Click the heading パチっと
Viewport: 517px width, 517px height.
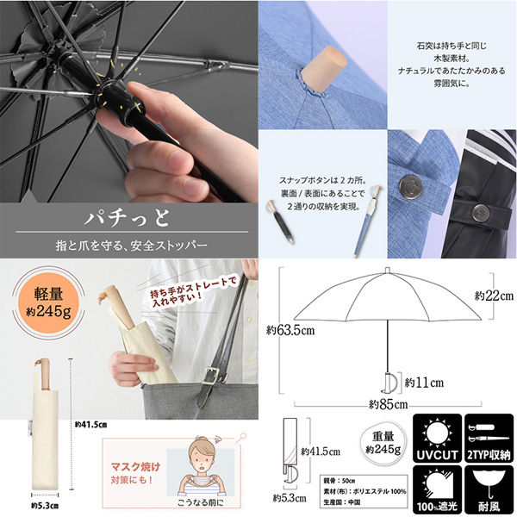129,213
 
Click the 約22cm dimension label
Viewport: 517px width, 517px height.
494,296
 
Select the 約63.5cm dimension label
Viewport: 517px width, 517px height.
290,329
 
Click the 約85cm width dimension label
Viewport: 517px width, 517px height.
388,403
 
